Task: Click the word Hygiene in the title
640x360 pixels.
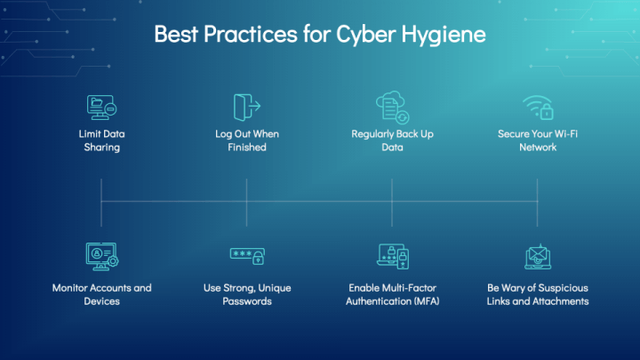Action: point(444,35)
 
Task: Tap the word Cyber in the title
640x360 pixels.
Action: point(365,35)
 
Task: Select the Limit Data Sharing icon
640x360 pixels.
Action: point(101,108)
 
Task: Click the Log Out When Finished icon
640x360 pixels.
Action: point(247,108)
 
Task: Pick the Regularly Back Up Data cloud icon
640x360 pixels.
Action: point(392,107)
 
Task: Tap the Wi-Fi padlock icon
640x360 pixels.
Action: point(538,108)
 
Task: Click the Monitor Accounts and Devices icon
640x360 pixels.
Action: point(102,256)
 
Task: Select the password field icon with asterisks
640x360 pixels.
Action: point(247,256)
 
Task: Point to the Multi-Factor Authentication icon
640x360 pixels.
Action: point(393,256)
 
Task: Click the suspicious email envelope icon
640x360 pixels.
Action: point(538,257)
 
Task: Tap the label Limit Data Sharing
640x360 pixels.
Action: point(101,140)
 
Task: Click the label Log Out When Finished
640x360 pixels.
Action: point(247,140)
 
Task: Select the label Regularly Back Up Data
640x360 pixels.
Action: point(392,140)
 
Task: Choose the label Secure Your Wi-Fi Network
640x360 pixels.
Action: point(538,140)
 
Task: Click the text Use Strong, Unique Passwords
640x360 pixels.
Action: point(247,294)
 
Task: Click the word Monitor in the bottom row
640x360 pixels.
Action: point(70,288)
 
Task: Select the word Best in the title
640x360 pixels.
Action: point(176,35)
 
